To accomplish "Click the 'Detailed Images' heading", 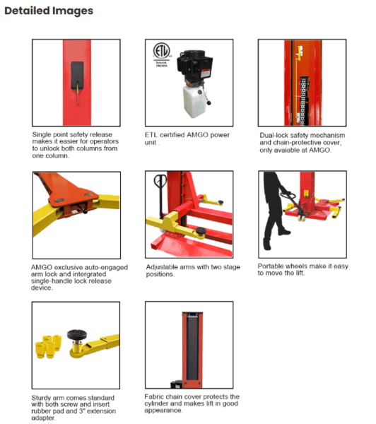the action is click(x=49, y=11).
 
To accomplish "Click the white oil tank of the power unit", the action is click(x=194, y=101).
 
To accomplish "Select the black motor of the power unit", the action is click(x=194, y=65).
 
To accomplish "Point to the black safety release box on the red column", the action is click(x=77, y=76).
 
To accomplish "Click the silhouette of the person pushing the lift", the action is click(x=276, y=211).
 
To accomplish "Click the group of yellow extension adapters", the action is click(x=48, y=346).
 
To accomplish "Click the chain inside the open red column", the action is click(x=303, y=101).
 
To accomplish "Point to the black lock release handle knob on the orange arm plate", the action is click(x=86, y=211).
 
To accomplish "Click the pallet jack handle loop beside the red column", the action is click(x=160, y=180).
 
